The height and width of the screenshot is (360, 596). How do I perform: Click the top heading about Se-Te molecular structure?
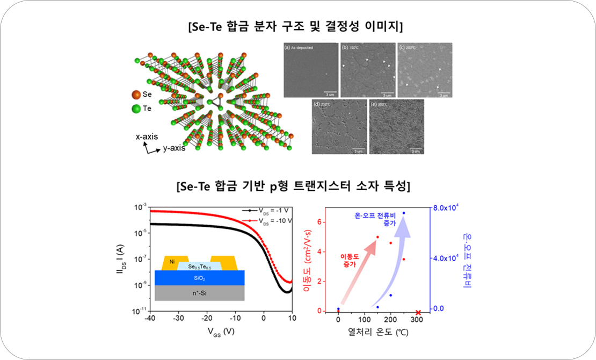(x=299, y=25)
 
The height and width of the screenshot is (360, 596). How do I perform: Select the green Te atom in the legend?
(x=135, y=109)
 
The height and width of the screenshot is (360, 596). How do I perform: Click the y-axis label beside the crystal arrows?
(x=174, y=148)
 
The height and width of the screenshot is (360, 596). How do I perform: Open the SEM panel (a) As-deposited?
(x=310, y=70)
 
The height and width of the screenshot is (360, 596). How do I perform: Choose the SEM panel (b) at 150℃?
(x=367, y=70)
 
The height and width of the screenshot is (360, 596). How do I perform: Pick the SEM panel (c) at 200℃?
(x=424, y=70)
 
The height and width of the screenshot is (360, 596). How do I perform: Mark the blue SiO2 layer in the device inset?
(x=199, y=278)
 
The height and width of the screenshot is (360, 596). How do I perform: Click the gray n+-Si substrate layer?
(x=199, y=293)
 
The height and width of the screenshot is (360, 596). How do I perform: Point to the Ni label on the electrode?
(x=172, y=262)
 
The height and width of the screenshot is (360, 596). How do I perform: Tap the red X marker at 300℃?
(x=418, y=312)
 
